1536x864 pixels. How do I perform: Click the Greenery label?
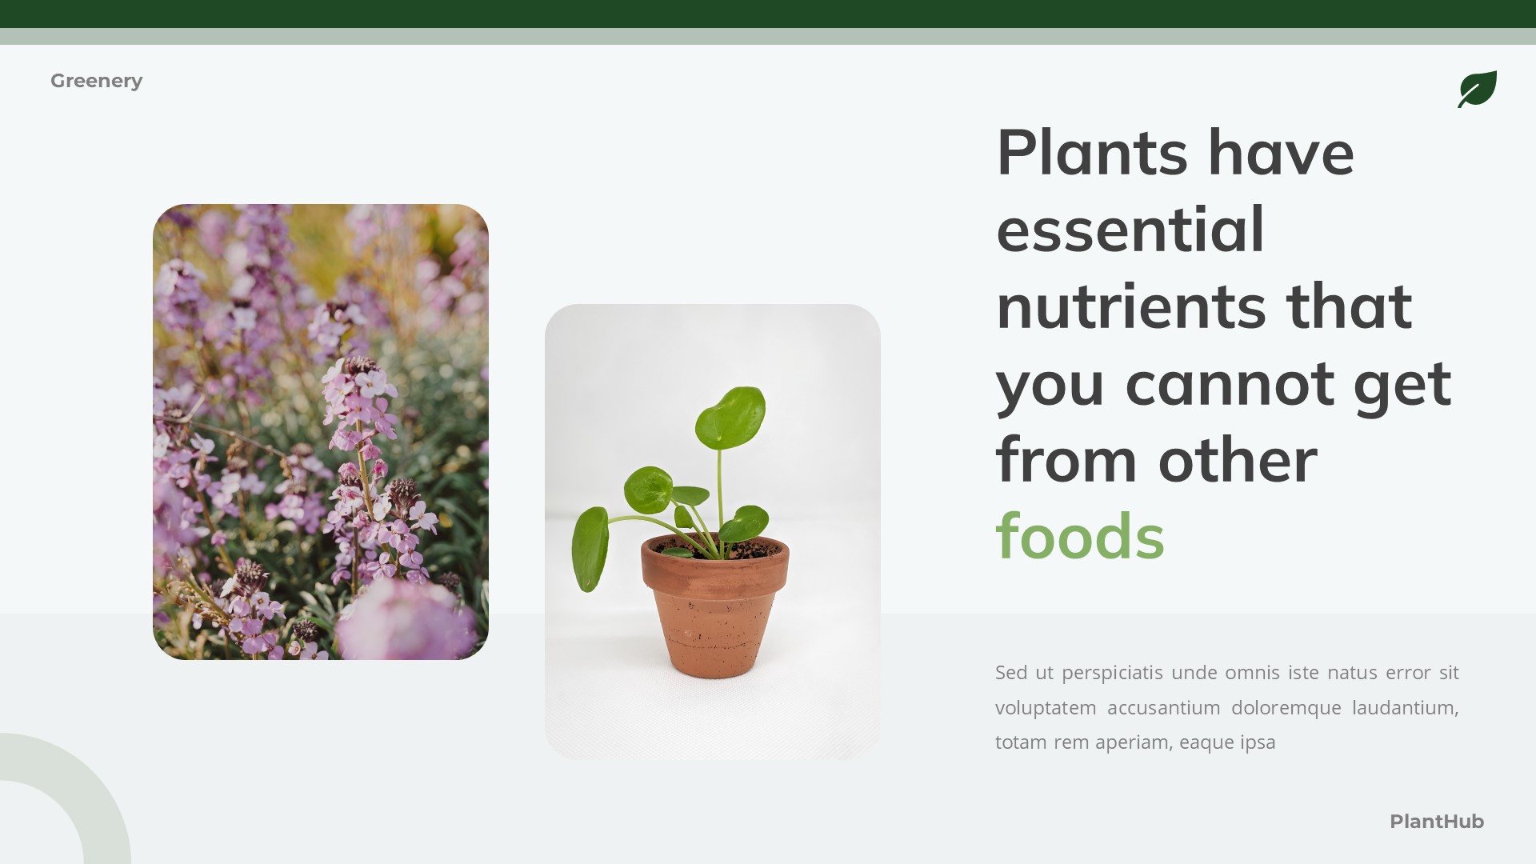pos(96,81)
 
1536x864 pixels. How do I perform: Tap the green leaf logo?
pos(1477,89)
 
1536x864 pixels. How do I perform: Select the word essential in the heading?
pos(1130,229)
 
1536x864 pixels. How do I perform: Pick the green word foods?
pos(1080,536)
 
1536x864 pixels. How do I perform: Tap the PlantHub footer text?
pos(1436,822)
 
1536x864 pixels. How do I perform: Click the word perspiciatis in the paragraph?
pos(1112,673)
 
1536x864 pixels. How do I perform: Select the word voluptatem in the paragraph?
pos(1045,708)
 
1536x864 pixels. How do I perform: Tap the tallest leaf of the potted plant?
pos(730,416)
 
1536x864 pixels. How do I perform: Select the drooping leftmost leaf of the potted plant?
pos(590,548)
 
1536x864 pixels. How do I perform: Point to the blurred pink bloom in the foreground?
pos(404,620)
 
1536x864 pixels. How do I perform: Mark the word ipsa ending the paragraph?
pos(1258,742)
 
